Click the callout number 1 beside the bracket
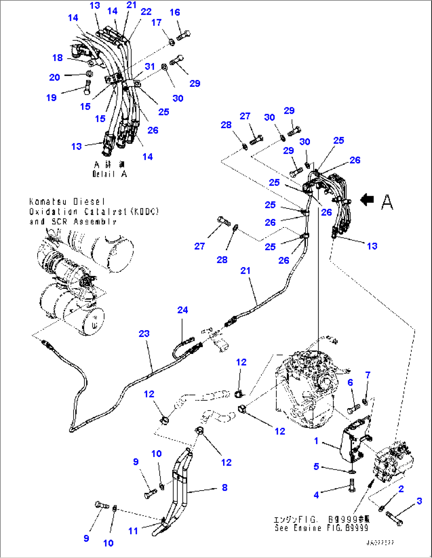click(x=316, y=441)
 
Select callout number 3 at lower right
click(x=419, y=501)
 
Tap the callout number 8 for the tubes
click(x=225, y=487)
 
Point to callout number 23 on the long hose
click(x=144, y=334)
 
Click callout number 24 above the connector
click(x=182, y=310)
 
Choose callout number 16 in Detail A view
click(x=175, y=12)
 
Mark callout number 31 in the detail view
click(x=150, y=66)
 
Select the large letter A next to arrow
click(x=387, y=202)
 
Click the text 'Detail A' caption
click(x=109, y=174)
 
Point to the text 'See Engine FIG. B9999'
click(x=321, y=528)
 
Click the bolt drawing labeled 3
click(x=393, y=518)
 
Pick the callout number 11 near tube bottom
click(x=133, y=531)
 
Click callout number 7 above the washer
click(x=368, y=375)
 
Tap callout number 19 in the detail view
click(x=52, y=97)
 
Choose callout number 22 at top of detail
click(x=146, y=12)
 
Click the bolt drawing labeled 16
click(x=183, y=36)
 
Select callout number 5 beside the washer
click(x=316, y=466)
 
